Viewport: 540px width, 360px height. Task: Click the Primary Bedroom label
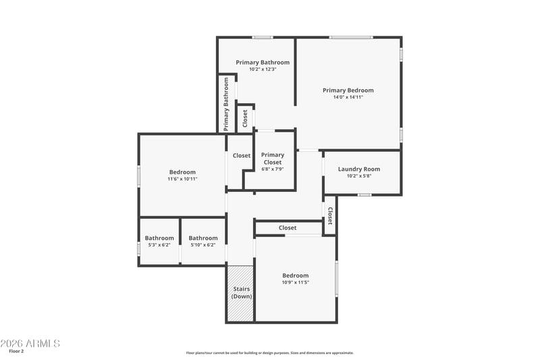[348, 91]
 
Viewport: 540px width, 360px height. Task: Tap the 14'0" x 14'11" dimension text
[348, 97]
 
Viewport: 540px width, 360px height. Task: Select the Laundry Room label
[359, 169]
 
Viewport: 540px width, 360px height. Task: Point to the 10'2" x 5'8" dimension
[359, 176]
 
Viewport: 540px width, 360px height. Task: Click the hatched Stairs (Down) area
[240, 294]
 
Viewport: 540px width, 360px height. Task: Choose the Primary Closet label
[273, 159]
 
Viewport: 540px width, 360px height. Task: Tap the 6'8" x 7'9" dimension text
[273, 169]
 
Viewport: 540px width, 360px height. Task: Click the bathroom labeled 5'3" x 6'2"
[159, 241]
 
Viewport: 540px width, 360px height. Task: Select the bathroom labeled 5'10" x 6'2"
[203, 241]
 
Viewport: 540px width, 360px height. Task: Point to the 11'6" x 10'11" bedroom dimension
[182, 179]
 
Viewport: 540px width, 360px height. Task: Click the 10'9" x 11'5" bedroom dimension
[296, 282]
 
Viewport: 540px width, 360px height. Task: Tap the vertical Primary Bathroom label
[226, 104]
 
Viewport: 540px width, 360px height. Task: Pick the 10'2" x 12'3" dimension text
[263, 70]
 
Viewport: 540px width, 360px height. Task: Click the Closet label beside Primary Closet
[242, 156]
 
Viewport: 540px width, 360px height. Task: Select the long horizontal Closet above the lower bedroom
[288, 228]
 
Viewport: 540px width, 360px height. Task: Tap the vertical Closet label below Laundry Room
[330, 215]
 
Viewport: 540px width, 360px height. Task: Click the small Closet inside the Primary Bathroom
[245, 118]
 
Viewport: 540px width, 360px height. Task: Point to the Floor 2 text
[16, 351]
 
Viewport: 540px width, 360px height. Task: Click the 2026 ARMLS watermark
[30, 344]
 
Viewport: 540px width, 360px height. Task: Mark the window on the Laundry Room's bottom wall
[364, 195]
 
